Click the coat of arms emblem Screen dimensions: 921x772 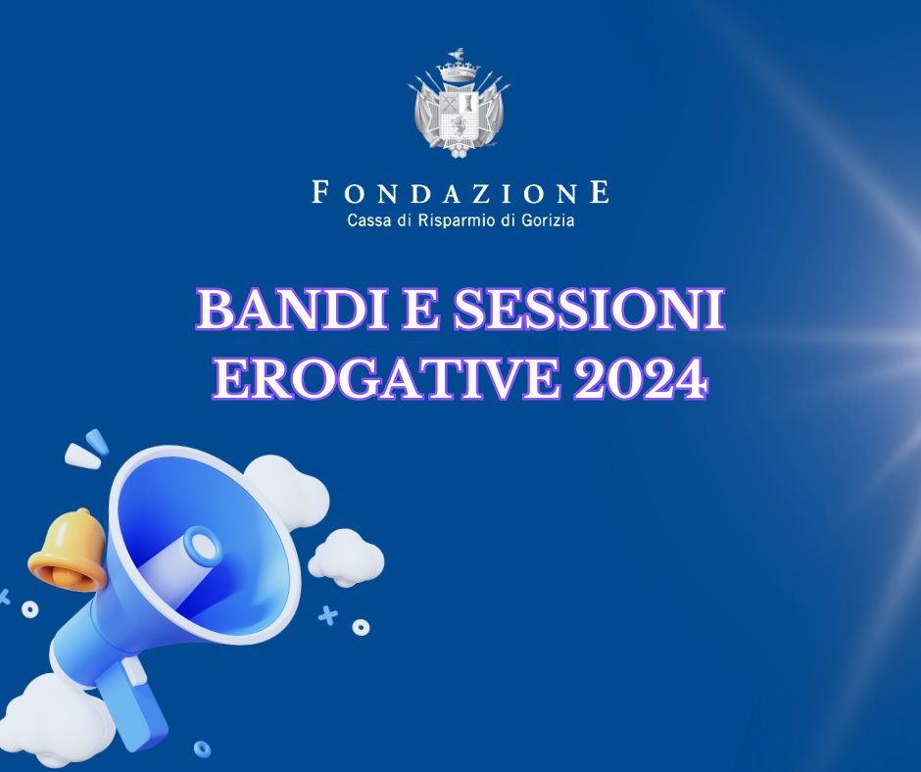(460, 104)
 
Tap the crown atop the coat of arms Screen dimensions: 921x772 (460, 72)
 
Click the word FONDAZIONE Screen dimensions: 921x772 (460, 192)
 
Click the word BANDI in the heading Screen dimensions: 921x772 (293, 310)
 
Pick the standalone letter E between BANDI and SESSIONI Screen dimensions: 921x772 (421, 310)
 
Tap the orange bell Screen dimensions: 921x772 (68, 550)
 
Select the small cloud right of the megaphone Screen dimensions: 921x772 (346, 558)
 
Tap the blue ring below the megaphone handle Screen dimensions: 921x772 (202, 748)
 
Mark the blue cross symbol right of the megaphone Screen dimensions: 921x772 (328, 615)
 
